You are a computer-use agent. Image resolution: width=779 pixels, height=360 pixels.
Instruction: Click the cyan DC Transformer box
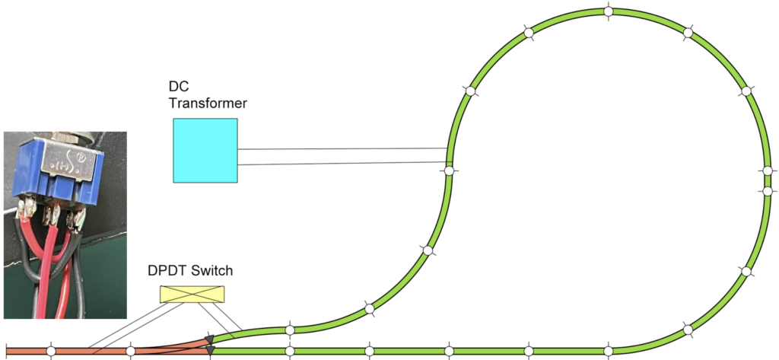[205, 150]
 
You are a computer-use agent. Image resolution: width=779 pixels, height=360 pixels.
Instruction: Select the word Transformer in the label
[208, 104]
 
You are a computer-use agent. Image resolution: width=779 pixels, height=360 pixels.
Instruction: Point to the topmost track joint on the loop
[608, 11]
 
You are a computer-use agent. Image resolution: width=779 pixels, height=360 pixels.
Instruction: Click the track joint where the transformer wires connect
[449, 171]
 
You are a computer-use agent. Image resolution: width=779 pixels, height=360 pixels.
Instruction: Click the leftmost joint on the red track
[50, 351]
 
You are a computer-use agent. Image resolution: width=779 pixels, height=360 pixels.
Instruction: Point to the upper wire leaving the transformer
[342, 149]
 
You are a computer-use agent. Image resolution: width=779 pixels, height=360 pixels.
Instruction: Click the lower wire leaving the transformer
[342, 163]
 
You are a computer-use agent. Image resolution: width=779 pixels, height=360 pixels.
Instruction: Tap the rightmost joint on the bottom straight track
[608, 351]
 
